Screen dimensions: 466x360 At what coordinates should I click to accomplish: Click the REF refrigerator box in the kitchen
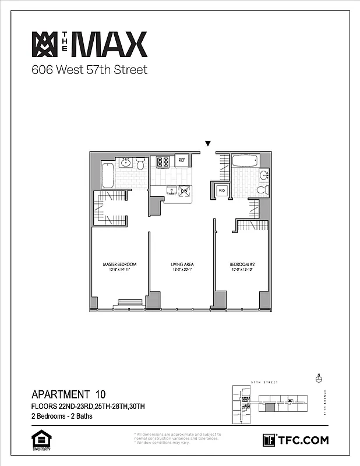pos(181,160)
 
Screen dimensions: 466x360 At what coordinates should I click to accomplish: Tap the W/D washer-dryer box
pos(221,191)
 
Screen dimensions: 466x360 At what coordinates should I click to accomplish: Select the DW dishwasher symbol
pos(183,191)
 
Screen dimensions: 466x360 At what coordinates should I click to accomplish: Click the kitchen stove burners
pos(160,161)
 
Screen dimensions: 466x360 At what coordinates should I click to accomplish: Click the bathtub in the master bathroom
pos(108,175)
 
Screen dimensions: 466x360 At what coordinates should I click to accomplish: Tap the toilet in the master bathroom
pos(140,165)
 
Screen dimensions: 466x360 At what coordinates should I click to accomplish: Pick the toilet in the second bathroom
pos(262,189)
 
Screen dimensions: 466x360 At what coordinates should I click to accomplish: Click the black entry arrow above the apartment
pos(207,144)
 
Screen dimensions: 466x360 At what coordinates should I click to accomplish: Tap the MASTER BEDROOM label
pos(119,264)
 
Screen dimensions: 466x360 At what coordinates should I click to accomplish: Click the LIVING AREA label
pos(181,264)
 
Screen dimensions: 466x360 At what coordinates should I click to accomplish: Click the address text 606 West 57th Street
pos(89,70)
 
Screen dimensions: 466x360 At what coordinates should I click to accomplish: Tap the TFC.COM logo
pos(296,440)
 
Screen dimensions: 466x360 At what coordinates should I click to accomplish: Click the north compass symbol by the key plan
pos(318,378)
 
